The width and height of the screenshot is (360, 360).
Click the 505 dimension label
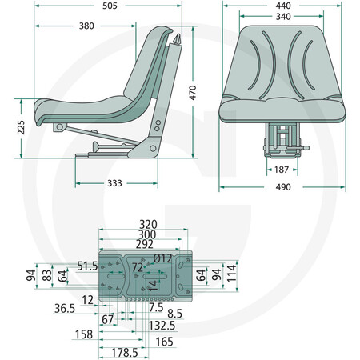110,6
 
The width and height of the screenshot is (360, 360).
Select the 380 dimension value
86,26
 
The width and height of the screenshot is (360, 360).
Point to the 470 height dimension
193,93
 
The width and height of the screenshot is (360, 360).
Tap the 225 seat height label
21,127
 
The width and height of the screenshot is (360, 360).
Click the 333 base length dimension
114,183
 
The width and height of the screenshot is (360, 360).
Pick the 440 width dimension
283,6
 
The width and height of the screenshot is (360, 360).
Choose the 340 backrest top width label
283,17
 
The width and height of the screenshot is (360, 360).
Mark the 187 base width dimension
282,170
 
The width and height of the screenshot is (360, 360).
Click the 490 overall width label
283,187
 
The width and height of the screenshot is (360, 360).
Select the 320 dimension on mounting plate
148,224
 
